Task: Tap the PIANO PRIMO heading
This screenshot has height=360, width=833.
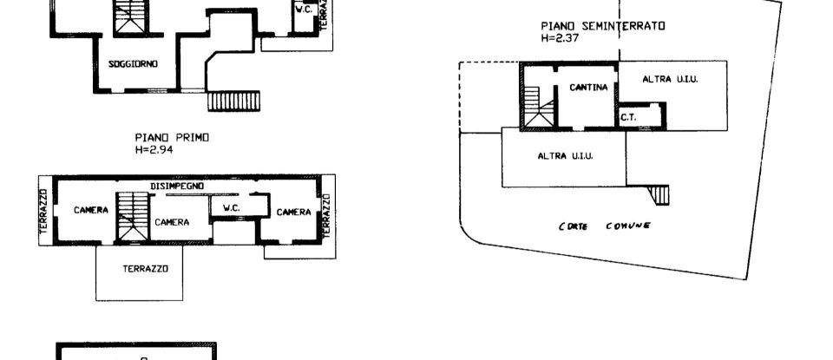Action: tap(172, 137)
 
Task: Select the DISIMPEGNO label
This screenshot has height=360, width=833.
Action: tap(177, 186)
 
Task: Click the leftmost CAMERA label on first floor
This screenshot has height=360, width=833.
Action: tap(90, 210)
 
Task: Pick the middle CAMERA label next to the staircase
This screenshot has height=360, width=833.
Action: tap(172, 222)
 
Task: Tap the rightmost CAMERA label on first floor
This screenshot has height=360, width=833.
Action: tap(293, 212)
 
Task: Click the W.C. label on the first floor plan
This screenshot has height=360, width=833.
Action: tap(231, 208)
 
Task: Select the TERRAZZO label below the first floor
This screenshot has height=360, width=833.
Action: tap(140, 269)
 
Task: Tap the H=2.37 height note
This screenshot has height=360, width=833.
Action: tap(558, 38)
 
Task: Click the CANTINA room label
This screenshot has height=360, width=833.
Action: tap(587, 88)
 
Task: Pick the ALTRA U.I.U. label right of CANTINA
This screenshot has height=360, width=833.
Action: tap(671, 79)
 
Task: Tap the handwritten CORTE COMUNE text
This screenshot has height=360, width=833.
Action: tap(605, 226)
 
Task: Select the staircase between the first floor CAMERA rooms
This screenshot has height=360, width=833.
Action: tap(133, 216)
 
